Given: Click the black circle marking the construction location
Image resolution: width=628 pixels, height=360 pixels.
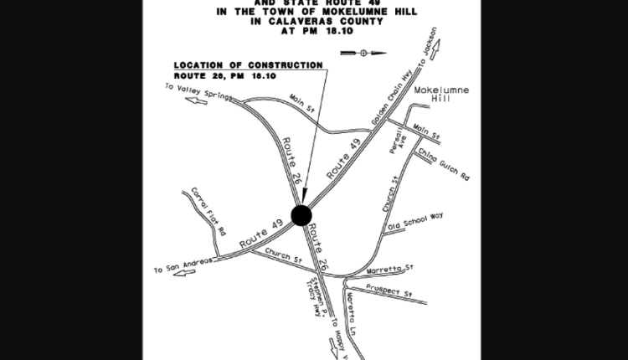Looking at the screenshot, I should click(x=301, y=215).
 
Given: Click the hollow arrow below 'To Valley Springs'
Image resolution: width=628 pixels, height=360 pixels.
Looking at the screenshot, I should click(x=196, y=100).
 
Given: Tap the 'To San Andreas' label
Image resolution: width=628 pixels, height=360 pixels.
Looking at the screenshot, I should click(x=180, y=268).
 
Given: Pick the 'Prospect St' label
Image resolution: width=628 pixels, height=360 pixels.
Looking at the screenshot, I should click(x=397, y=295).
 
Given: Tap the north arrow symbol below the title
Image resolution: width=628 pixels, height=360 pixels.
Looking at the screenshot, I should click(x=363, y=52).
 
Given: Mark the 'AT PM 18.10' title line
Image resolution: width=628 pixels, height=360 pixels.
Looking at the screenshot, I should click(x=315, y=34).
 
